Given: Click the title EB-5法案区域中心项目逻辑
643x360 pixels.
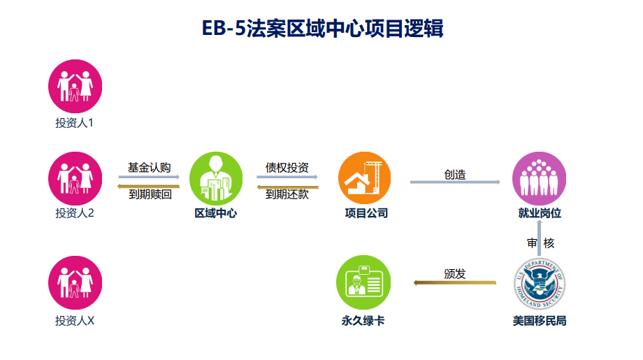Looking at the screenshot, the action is [x=321, y=29].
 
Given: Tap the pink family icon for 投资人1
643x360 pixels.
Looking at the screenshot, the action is [x=75, y=87].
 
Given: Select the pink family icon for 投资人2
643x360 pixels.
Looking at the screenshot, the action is [x=75, y=178].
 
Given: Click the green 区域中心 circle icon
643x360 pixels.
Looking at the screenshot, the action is [x=216, y=178].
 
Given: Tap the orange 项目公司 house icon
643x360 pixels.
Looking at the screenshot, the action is [x=365, y=178].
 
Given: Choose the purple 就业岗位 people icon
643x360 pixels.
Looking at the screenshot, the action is [x=539, y=178].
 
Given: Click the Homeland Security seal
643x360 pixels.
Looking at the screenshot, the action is [x=539, y=282].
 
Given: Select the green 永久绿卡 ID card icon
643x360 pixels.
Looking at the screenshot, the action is [x=363, y=282].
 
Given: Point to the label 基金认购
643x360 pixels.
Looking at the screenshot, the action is [x=149, y=168].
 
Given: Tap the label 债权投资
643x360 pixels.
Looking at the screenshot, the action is [x=287, y=168].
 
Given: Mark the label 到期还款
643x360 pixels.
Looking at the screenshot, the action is [x=287, y=195].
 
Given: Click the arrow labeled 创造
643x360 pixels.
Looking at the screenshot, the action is [x=455, y=182].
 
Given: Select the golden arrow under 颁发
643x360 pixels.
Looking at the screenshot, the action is [x=455, y=283].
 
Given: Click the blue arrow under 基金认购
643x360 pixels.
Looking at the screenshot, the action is [x=149, y=178].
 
